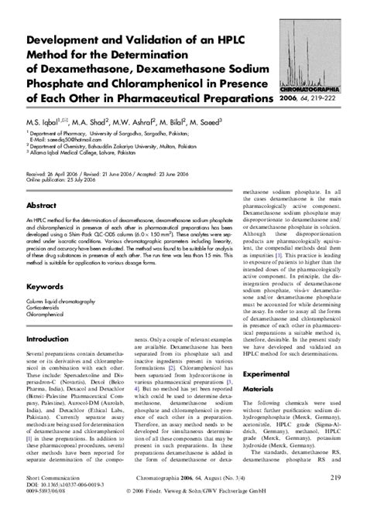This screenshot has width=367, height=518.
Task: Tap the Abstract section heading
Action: pyautogui.click(x=41, y=206)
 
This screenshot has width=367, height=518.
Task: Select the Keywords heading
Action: pyautogui.click(x=44, y=285)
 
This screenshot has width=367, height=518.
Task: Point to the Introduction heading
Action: pyautogui.click(x=48, y=339)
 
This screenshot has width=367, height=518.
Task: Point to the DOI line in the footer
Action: pyautogui.click(x=57, y=486)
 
